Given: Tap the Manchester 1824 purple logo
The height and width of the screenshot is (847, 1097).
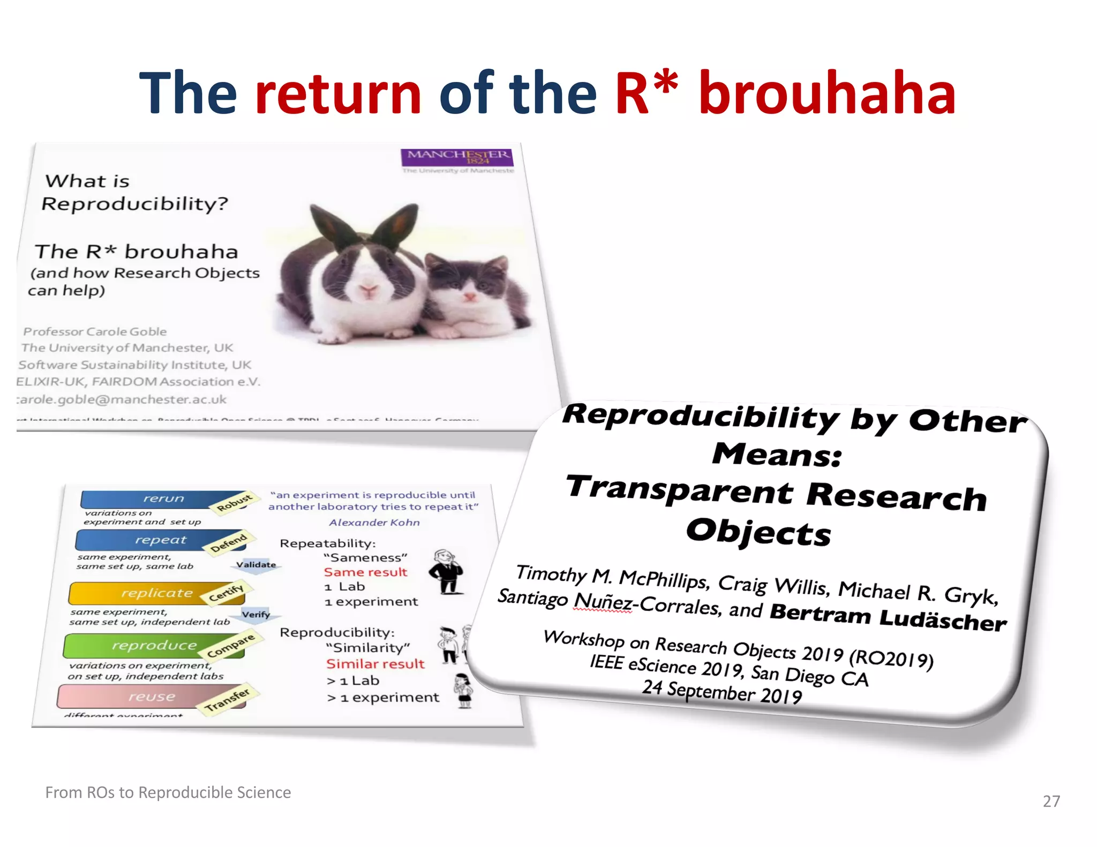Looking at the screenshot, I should point(457,157).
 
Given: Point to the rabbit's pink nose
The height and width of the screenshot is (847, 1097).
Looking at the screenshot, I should point(369,289).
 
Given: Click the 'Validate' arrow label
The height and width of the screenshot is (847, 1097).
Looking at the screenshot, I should point(257,565).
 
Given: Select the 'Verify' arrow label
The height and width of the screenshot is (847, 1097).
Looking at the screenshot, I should point(256,615).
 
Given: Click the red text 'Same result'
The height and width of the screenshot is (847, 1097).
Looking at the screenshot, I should point(365,572).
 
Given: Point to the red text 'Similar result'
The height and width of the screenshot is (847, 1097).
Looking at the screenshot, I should point(375,664).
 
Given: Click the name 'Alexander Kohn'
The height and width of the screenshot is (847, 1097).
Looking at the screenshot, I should point(374,523).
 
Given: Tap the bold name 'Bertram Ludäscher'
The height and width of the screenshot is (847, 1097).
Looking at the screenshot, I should point(888,617).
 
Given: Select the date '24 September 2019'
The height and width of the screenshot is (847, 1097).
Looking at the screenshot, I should point(722,692).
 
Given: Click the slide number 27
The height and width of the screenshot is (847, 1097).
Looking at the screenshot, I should point(1051,801).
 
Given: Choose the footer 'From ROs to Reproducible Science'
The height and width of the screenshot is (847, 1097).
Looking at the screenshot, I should point(168,792).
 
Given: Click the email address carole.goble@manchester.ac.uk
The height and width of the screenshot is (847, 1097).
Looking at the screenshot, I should point(122,399).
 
